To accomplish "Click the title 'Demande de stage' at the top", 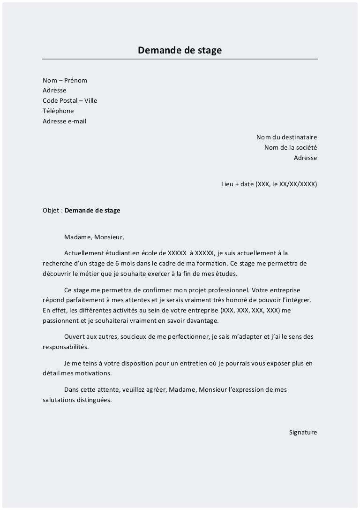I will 180,50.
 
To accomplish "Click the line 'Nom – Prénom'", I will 65,80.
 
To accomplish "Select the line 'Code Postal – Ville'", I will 70,100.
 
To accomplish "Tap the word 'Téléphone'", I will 58,111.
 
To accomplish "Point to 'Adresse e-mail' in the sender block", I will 64,121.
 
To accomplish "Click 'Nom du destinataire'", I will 286,137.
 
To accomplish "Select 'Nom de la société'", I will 291,147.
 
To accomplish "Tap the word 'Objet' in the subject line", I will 51,210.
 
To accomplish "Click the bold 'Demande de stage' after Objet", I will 92,210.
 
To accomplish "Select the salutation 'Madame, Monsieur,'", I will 94,237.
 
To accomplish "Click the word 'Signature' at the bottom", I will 303,432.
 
